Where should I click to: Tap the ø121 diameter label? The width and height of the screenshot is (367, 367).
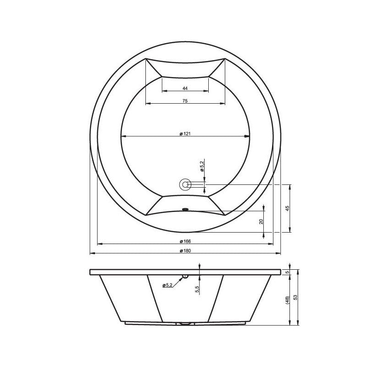[185, 133]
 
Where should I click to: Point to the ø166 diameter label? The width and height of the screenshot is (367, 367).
[185, 241]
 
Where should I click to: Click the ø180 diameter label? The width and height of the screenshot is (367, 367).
[185, 250]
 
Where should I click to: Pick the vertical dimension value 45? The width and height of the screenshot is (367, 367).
[287, 208]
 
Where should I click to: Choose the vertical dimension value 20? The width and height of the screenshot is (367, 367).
[261, 221]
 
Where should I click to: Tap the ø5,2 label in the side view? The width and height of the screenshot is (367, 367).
[167, 285]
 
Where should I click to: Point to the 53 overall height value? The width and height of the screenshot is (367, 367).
[296, 297]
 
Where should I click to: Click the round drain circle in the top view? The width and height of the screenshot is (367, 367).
[185, 184]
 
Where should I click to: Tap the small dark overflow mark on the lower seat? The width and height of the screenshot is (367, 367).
[185, 210]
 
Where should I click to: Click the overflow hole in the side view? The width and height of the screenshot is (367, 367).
[185, 276]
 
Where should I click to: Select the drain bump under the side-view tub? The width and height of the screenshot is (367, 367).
[185, 323]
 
